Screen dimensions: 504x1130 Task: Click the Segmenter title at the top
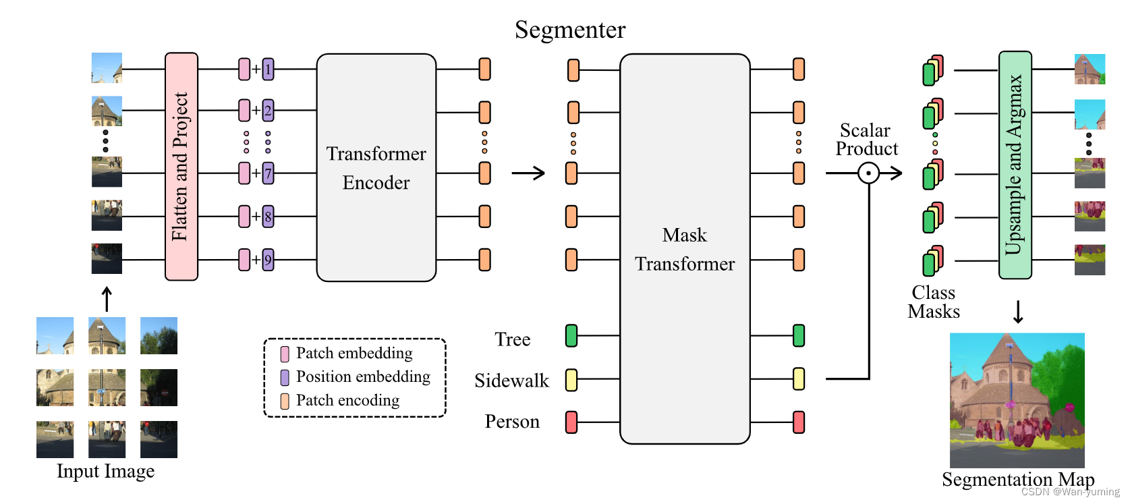tap(570, 30)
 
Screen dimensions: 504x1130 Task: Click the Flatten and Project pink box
tap(181, 167)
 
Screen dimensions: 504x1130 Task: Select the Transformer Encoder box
tap(376, 167)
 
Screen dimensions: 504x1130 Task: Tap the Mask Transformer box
tap(684, 249)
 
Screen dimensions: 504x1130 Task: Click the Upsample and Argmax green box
tap(1015, 165)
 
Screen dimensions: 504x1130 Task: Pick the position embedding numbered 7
tap(269, 173)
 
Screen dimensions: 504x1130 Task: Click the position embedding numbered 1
tap(269, 69)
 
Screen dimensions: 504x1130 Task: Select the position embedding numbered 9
tap(269, 260)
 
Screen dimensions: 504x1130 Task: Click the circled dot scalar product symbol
tap(868, 173)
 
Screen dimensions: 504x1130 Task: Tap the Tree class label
tap(512, 339)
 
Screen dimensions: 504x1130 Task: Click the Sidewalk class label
tap(511, 381)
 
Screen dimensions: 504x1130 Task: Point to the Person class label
tap(512, 422)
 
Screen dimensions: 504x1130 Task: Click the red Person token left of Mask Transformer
tap(571, 422)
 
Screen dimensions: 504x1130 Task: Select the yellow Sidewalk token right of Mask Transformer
tap(799, 379)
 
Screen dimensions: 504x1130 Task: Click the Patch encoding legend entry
tap(347, 401)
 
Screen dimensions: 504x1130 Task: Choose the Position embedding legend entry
tap(362, 377)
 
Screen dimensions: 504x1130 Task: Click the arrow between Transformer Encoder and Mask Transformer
tap(528, 173)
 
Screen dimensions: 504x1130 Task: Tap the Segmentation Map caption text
tap(1017, 480)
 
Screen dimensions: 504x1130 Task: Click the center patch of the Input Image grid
tap(107, 387)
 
